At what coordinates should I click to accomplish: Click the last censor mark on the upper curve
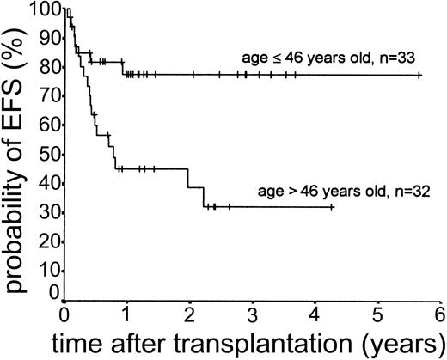click(x=419, y=76)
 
